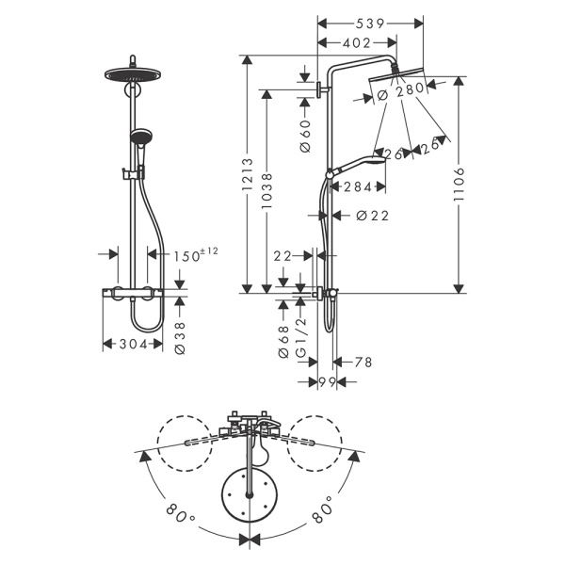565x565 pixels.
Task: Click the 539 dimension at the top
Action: tap(369, 22)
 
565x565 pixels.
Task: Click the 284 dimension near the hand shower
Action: tap(359, 186)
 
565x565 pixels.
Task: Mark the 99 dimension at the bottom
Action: tap(327, 381)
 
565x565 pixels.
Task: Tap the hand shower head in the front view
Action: tap(140, 134)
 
